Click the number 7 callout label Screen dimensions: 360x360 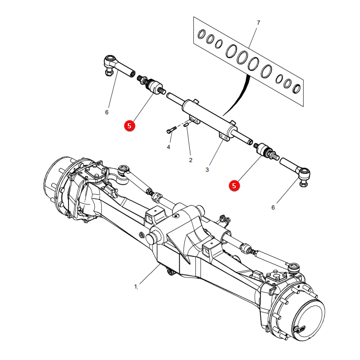(x=258, y=23)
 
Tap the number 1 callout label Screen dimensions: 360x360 (x=135, y=286)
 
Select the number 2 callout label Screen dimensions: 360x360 (x=190, y=160)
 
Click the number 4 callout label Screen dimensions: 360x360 (x=169, y=147)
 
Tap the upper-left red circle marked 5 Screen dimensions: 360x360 (x=129, y=126)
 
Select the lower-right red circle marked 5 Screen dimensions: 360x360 (x=234, y=186)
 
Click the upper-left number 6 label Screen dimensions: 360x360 (x=107, y=112)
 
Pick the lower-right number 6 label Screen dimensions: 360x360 (x=273, y=207)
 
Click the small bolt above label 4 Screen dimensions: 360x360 (x=171, y=130)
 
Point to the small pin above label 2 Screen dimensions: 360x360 (x=186, y=125)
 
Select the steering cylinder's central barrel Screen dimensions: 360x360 (x=209, y=115)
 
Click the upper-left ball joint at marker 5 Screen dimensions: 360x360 (x=152, y=86)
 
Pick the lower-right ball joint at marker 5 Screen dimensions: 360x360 (x=266, y=151)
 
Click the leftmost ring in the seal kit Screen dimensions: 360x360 (x=202, y=34)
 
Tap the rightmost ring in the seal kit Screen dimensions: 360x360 (x=297, y=89)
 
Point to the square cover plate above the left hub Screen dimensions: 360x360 (x=95, y=172)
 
